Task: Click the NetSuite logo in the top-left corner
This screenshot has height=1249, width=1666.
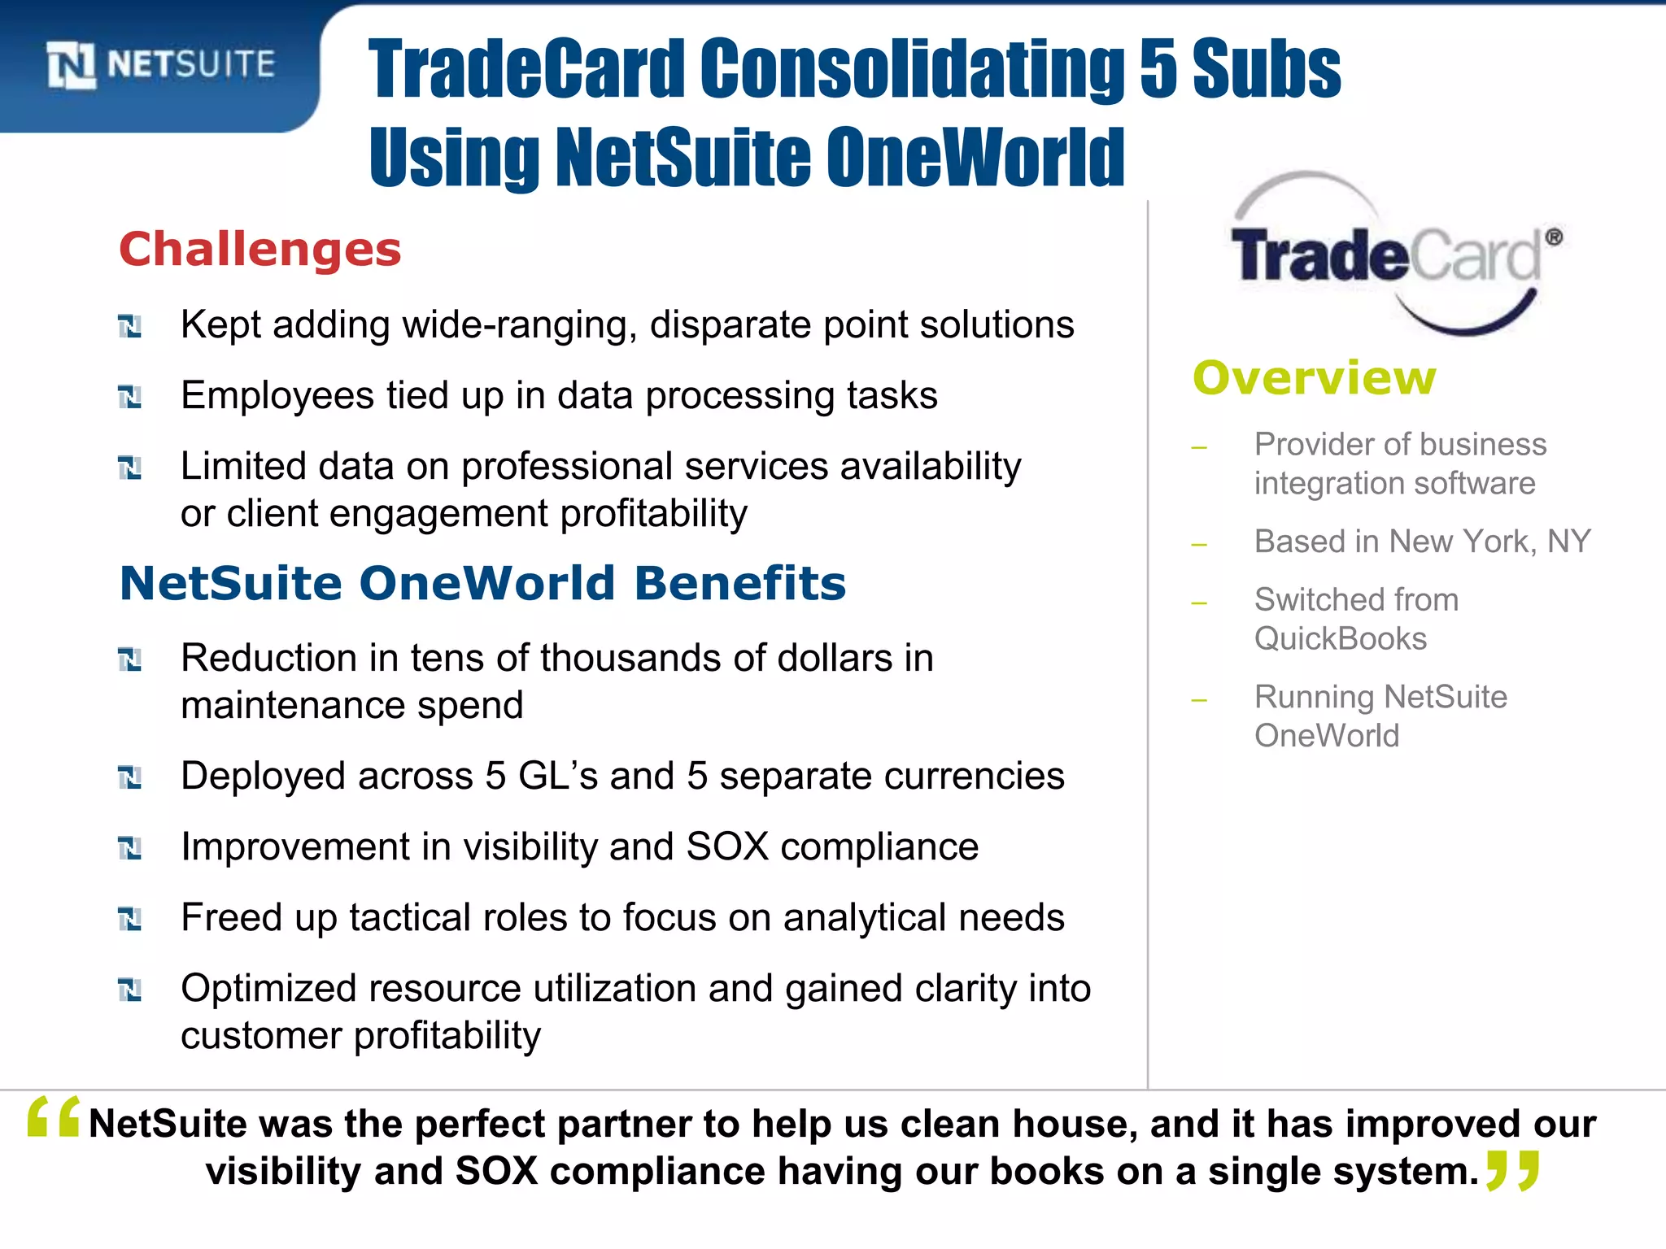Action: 161,65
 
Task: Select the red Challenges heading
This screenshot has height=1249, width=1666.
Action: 260,249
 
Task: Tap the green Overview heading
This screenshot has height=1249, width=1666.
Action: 1315,378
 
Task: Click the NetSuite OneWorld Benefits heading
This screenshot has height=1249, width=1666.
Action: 482,584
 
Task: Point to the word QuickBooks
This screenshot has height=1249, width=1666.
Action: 1340,639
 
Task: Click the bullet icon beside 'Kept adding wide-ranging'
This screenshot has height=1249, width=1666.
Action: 130,327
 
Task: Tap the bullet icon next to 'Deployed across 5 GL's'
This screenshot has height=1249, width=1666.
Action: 130,778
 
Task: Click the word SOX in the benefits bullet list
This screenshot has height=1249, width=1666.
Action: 727,847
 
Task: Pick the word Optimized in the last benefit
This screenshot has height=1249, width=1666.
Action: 268,989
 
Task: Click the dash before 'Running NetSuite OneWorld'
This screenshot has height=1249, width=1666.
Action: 1198,699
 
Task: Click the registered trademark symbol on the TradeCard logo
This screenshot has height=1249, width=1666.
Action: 1554,237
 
